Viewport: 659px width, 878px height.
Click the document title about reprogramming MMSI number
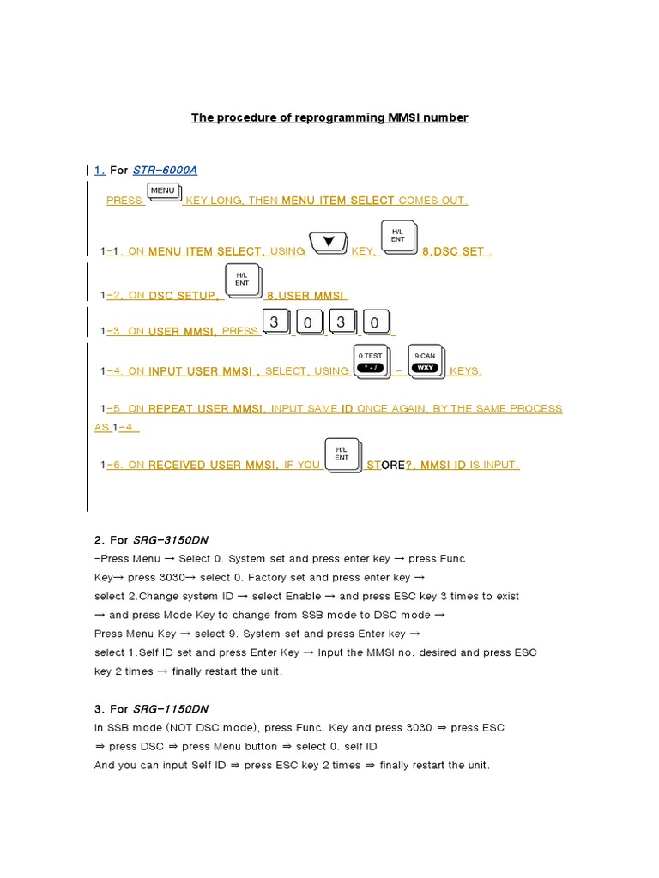click(329, 117)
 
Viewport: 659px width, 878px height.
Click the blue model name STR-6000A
click(165, 170)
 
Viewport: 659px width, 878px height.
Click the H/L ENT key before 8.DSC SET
click(397, 237)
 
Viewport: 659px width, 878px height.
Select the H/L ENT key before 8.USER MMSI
click(241, 282)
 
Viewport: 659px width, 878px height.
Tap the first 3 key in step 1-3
click(275, 323)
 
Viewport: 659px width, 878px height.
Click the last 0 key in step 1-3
click(374, 323)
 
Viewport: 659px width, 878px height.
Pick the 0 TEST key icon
click(371, 361)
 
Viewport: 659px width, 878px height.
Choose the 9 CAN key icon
click(425, 361)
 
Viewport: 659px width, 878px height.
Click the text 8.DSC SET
click(454, 251)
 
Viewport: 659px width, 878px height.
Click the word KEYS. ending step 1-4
click(465, 371)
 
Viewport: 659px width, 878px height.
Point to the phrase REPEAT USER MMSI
click(207, 409)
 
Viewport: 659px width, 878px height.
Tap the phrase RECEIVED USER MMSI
click(213, 465)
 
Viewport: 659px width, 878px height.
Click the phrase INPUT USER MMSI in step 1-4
click(204, 371)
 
